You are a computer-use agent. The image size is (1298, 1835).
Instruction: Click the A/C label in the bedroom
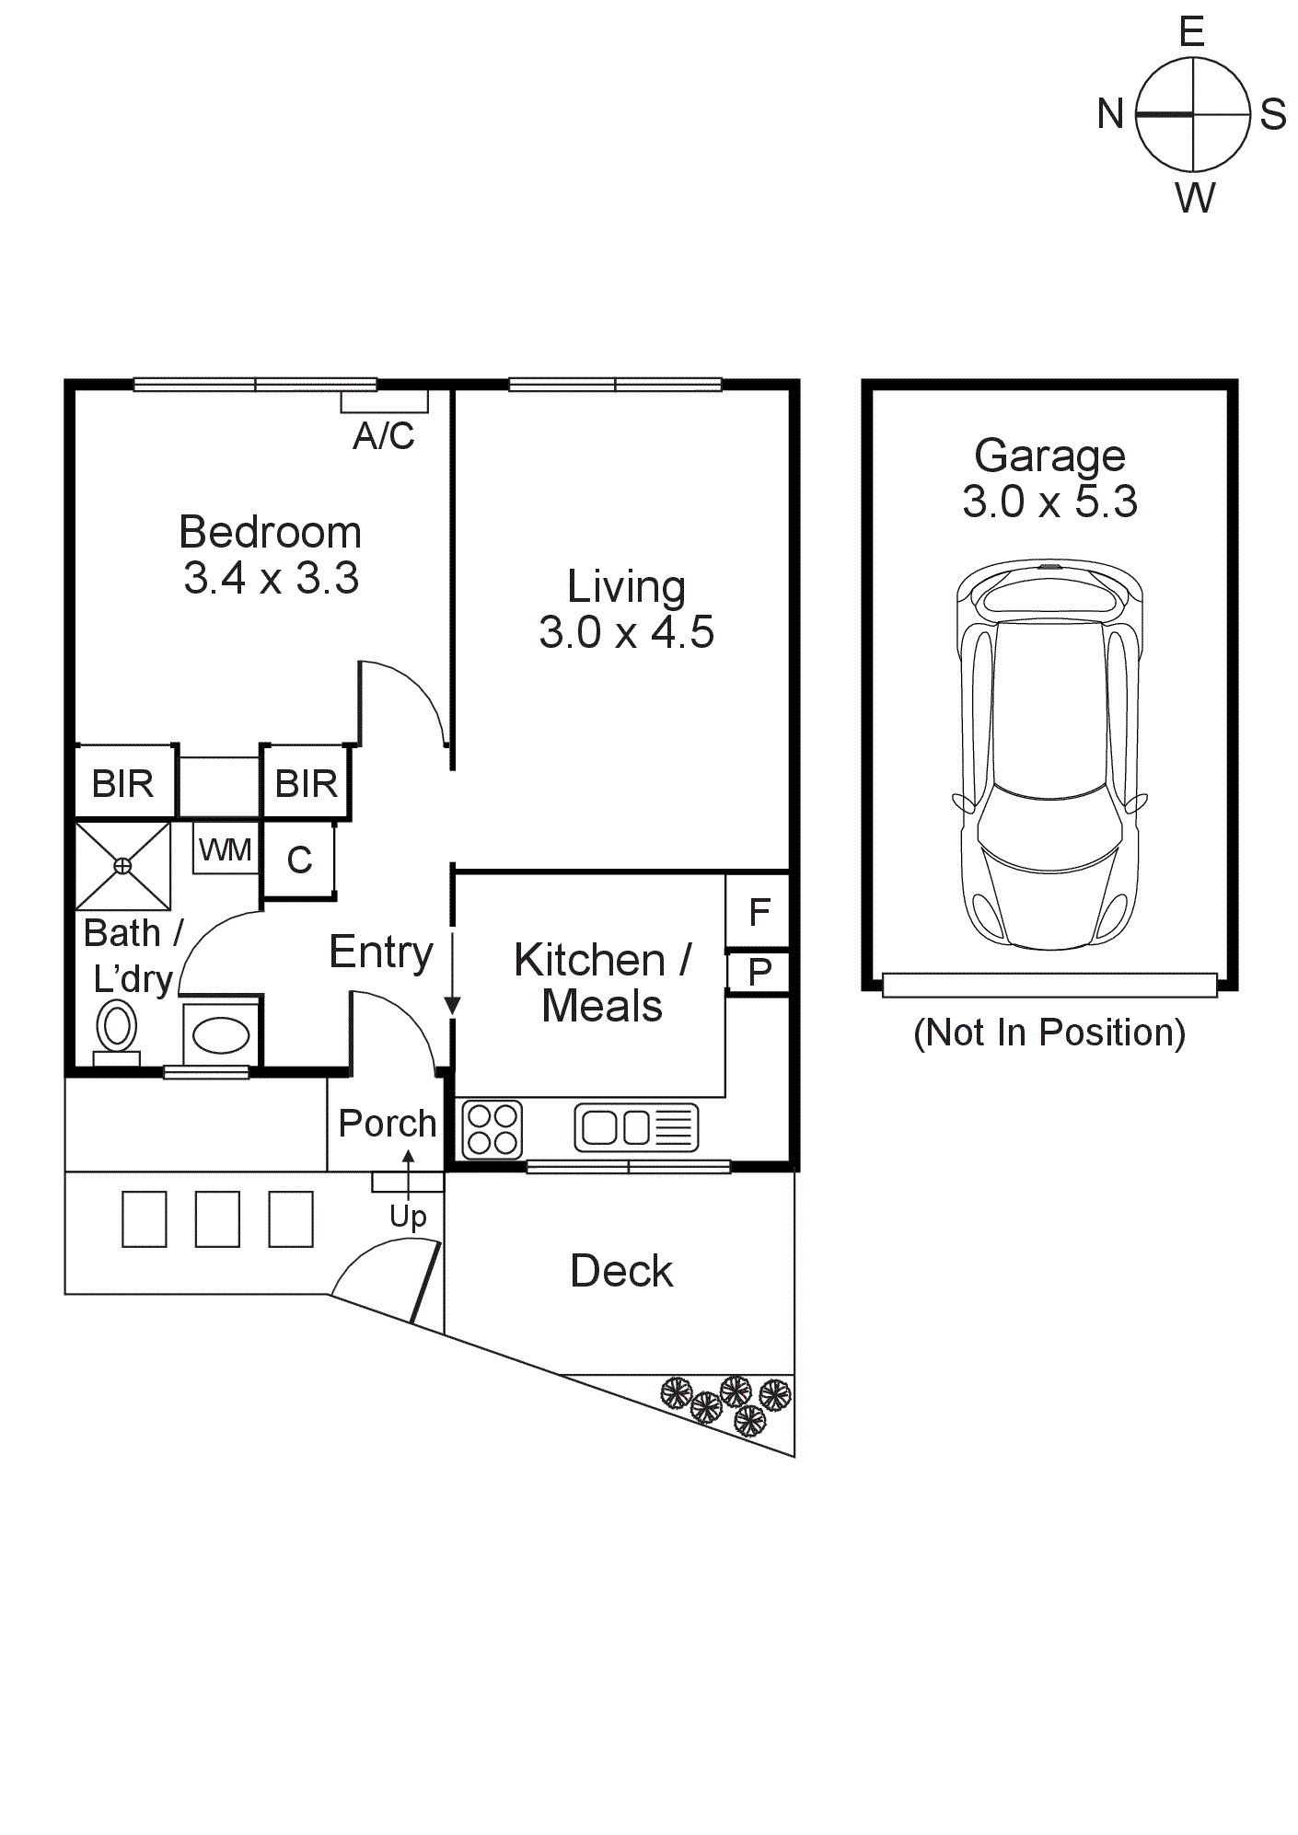coord(384,435)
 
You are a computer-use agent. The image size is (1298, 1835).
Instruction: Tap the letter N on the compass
coord(1110,114)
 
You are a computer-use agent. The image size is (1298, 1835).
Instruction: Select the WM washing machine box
coord(226,849)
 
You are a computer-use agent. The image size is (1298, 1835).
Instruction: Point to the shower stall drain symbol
coord(122,865)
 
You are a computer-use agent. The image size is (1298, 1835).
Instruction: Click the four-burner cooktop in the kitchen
coord(492,1129)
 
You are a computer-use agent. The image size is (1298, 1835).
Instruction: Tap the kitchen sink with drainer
coord(636,1127)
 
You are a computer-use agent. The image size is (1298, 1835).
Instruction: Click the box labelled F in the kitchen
coord(759,912)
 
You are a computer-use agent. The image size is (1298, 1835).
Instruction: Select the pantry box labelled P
coord(759,972)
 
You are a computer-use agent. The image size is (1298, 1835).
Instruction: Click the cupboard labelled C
coord(299,860)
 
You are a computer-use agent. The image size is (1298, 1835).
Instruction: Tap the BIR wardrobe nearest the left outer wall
coord(123,783)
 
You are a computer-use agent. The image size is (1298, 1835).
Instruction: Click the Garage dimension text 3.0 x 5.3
coord(1049,502)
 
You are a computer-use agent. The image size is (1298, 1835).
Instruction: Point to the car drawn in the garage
coord(1050,755)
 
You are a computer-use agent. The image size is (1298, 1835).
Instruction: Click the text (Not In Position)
coord(1049,1033)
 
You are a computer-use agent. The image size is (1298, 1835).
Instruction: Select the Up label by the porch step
coord(408,1217)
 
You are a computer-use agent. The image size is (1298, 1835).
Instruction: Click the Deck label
coord(621,1271)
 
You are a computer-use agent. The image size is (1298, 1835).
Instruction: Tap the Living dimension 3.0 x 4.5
coord(626,632)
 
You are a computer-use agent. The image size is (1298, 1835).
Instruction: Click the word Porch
coord(387,1123)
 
